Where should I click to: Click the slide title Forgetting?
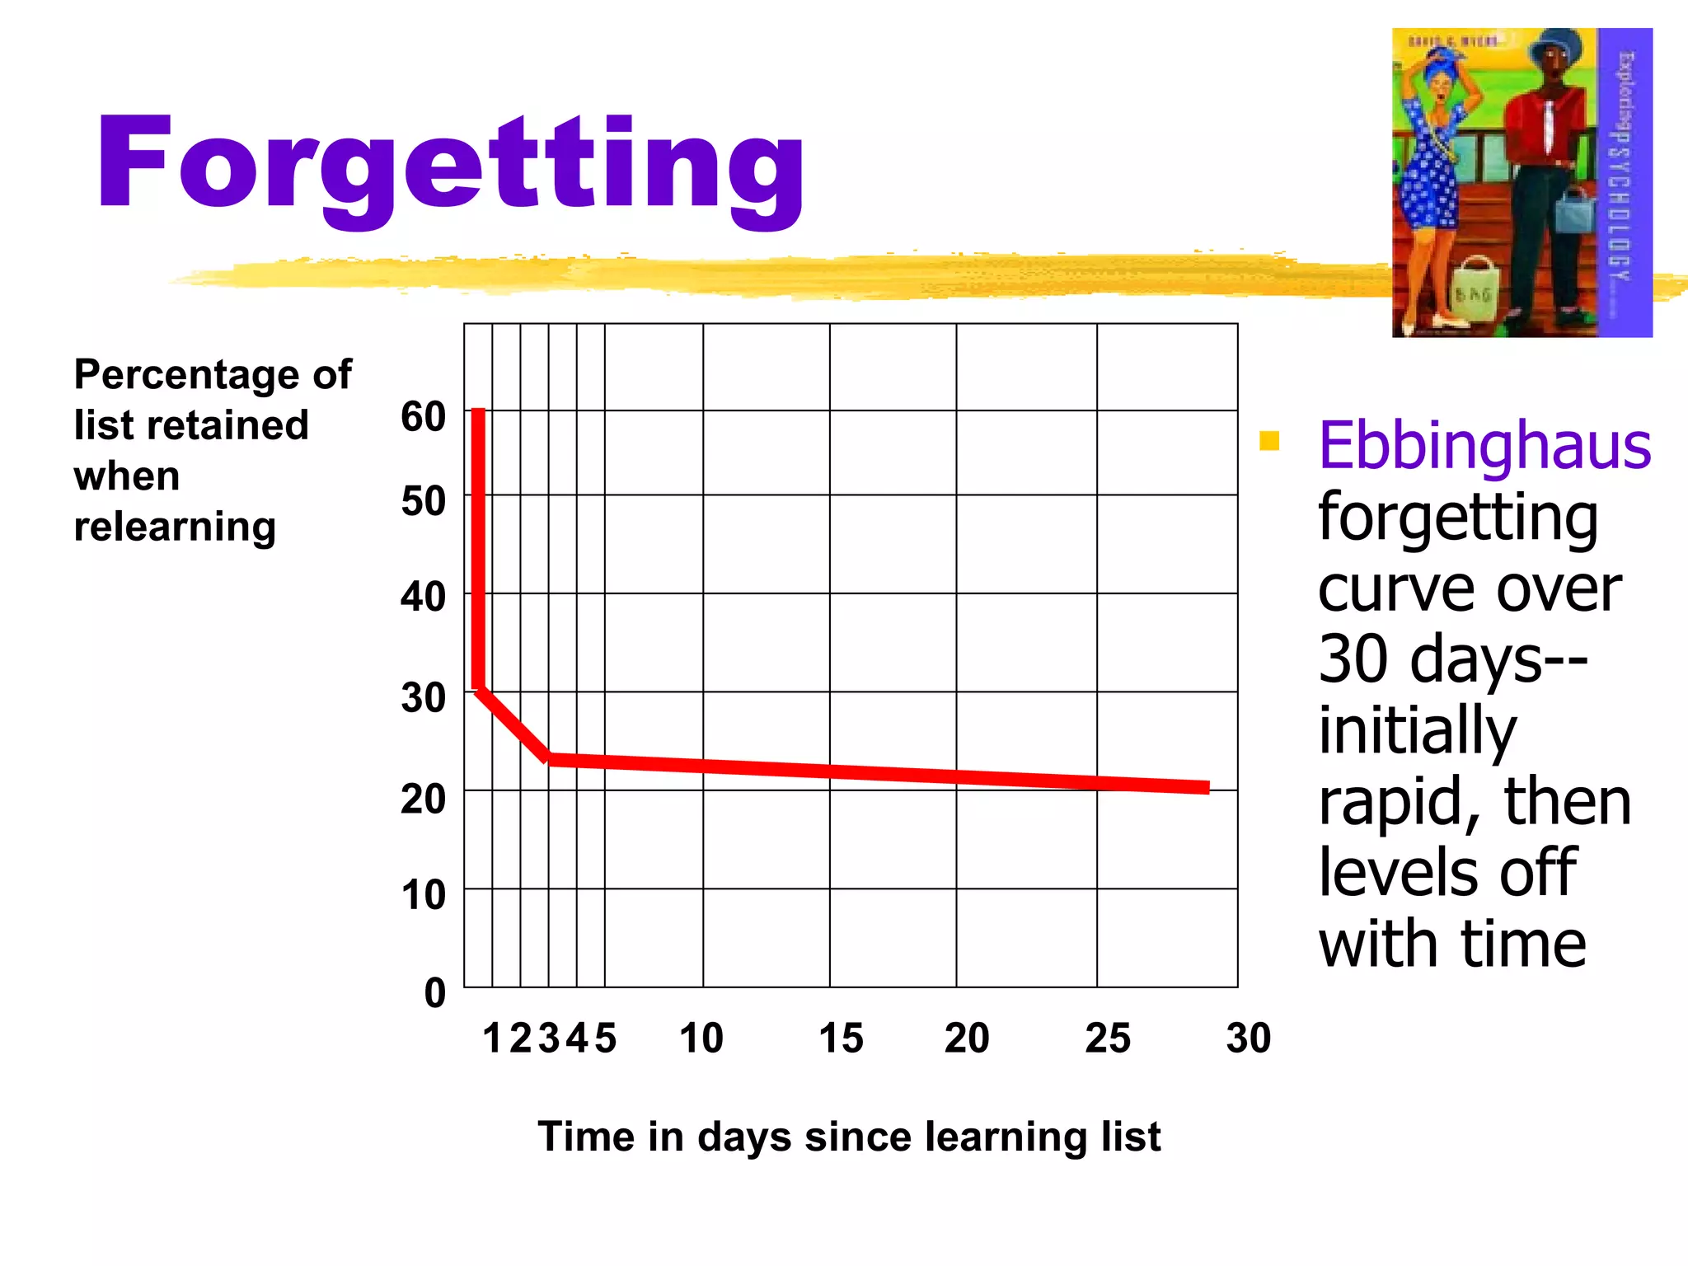(450, 165)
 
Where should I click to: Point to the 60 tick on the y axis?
(423, 416)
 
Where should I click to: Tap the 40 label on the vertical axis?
(423, 596)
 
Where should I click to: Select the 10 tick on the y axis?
(423, 895)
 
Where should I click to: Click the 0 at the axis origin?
(434, 993)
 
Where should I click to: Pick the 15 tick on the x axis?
(841, 1039)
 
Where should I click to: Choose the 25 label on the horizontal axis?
(1107, 1039)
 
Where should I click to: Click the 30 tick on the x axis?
(1248, 1039)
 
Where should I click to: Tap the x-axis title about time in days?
(849, 1137)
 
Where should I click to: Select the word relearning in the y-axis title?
(175, 527)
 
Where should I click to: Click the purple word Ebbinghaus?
(1484, 446)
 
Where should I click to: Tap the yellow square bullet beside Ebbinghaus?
(1269, 441)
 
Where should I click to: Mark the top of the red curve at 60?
(478, 414)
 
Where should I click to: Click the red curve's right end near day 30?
(1205, 788)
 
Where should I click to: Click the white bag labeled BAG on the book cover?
(1474, 290)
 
